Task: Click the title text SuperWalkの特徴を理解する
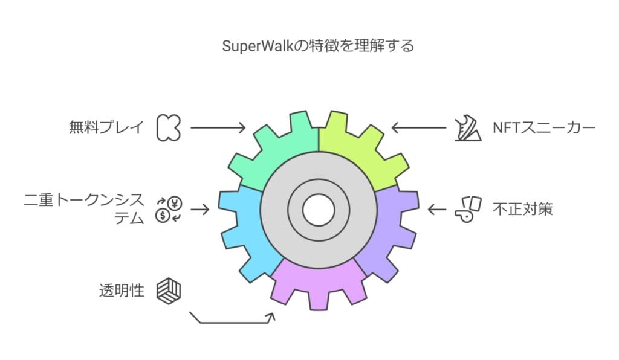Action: pos(309,46)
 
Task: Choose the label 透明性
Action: pos(122,291)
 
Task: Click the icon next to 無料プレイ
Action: pos(168,127)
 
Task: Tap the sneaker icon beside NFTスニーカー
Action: pos(467,127)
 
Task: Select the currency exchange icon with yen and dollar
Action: pos(168,210)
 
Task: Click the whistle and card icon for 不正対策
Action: pos(467,210)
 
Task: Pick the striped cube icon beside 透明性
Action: pos(168,291)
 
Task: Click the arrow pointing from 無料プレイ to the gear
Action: pos(218,127)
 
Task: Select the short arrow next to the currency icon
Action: pos(201,210)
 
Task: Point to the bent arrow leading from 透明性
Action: pos(233,320)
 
